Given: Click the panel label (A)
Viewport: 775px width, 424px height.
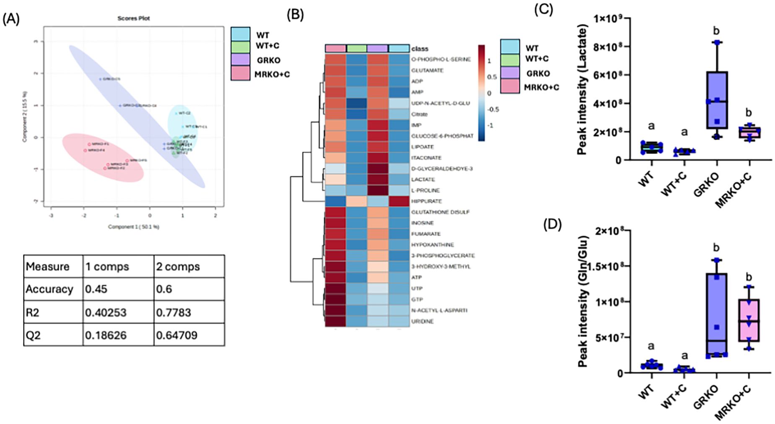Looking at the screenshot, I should point(11,19).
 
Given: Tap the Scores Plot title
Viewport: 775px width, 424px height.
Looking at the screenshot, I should point(133,18).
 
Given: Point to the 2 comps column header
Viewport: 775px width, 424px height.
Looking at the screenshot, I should point(178,266).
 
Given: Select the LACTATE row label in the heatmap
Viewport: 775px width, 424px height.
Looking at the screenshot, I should point(423,179).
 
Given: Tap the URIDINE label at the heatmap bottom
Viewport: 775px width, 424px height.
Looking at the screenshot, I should point(422,321).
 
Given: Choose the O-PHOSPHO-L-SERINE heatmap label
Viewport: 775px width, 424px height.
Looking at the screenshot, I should point(441,59).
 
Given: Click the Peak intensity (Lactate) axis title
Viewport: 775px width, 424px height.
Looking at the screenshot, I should point(582,89).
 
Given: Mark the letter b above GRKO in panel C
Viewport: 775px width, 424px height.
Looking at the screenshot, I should point(716,31).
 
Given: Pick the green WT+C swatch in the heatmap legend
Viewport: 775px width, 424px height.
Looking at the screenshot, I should point(510,59).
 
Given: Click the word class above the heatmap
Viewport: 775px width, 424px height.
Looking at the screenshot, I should point(420,49).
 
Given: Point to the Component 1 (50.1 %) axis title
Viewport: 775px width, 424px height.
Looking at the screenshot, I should point(133,227).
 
